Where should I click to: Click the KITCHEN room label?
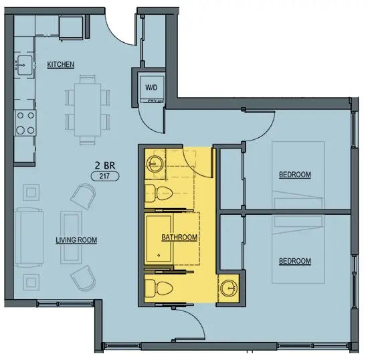pos(60,64)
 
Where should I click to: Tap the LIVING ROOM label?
pos(76,240)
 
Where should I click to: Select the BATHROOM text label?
pos(179,238)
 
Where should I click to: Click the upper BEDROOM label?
pos(295,175)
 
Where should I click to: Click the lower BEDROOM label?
pos(295,261)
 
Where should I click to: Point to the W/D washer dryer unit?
pos(151,89)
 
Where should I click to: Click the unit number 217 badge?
pos(104,176)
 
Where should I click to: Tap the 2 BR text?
pos(105,166)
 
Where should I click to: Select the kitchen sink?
pos(25,65)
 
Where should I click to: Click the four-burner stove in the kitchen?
pos(25,123)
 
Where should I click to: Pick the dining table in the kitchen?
pos(88,110)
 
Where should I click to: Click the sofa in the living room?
pos(29,238)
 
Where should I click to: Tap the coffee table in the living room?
pos(71,238)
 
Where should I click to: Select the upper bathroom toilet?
pos(159,193)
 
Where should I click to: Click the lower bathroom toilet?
pos(159,288)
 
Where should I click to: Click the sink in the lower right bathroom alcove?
pos(229,288)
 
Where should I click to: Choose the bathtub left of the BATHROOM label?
pos(159,239)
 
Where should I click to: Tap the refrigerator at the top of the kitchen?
pos(71,27)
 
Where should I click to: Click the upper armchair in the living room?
pos(84,196)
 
